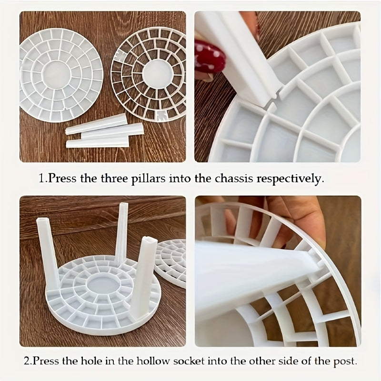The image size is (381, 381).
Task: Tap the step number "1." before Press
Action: (x=43, y=179)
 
